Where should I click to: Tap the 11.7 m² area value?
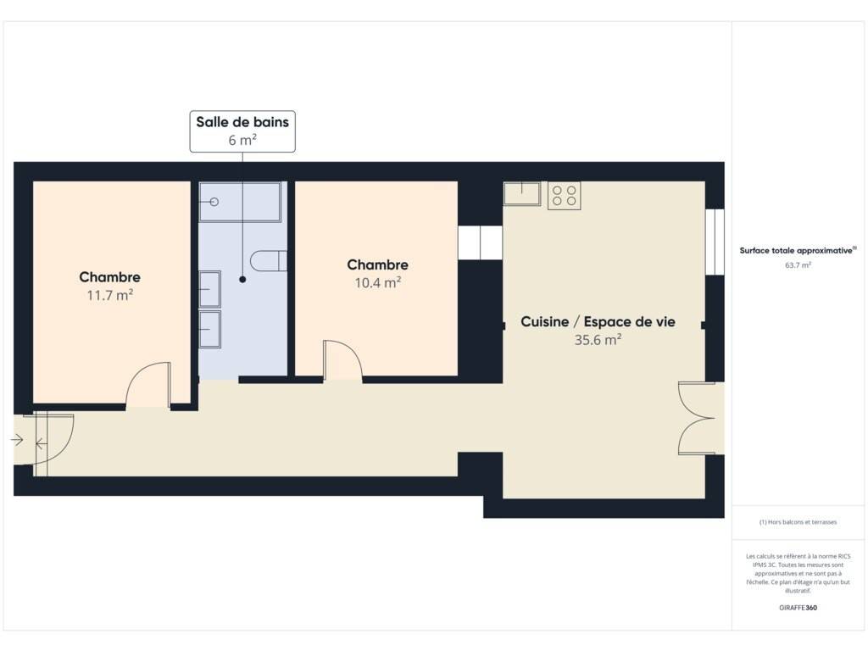[x=109, y=295]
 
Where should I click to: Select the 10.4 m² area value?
[x=377, y=283]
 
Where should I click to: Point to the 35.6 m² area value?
[x=598, y=340]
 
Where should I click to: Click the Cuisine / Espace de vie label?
[x=598, y=321]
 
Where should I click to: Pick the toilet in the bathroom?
[x=269, y=261]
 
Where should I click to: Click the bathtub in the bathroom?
[x=240, y=202]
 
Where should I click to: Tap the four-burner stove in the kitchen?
[x=564, y=196]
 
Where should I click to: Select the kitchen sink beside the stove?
[x=522, y=194]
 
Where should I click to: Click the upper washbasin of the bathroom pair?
[x=210, y=289]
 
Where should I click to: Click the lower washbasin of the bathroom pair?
[x=210, y=330]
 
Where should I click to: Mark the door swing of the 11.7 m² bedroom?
[x=148, y=386]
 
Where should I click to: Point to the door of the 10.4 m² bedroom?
[x=342, y=361]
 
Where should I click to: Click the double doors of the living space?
[x=697, y=418]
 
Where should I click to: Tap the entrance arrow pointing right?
[x=17, y=440]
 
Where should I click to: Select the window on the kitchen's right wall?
[x=715, y=242]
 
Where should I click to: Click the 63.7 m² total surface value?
[x=798, y=265]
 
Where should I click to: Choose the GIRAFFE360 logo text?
[x=798, y=608]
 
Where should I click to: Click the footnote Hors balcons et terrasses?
[x=798, y=522]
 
